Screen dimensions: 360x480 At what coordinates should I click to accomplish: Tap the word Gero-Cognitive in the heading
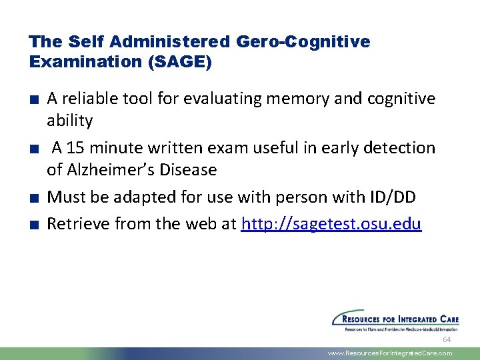303,41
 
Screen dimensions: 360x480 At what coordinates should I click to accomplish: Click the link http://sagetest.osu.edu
331,224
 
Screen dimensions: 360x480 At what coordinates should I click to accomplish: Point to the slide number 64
447,340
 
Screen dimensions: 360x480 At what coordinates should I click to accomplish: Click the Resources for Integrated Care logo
393,320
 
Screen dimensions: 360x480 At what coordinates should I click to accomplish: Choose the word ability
69,121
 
